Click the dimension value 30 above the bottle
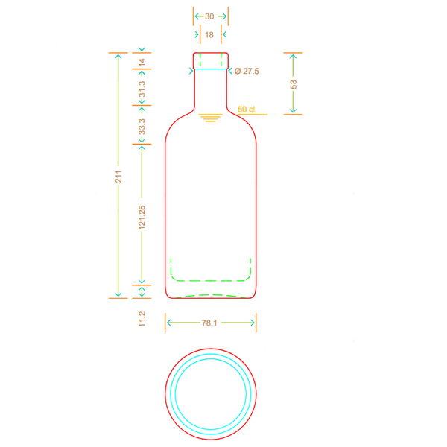(x=209, y=16)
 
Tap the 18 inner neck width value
(x=209, y=35)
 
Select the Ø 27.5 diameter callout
(x=247, y=71)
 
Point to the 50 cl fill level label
(x=246, y=110)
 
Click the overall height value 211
(x=118, y=177)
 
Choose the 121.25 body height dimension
(x=142, y=218)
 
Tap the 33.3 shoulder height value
(x=142, y=127)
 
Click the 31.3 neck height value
(x=142, y=89)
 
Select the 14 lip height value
(x=142, y=63)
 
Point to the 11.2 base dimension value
(x=142, y=319)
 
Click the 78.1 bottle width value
(x=209, y=323)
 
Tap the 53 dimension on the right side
(x=294, y=84)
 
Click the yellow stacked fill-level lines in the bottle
(x=210, y=118)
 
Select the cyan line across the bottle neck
(x=211, y=69)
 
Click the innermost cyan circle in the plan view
(x=211, y=358)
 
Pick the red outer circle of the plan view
(x=211, y=349)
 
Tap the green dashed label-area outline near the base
(x=211, y=281)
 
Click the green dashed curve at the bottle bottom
(x=211, y=295)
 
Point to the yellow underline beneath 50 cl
(x=253, y=114)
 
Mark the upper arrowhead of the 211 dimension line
(x=118, y=56)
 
